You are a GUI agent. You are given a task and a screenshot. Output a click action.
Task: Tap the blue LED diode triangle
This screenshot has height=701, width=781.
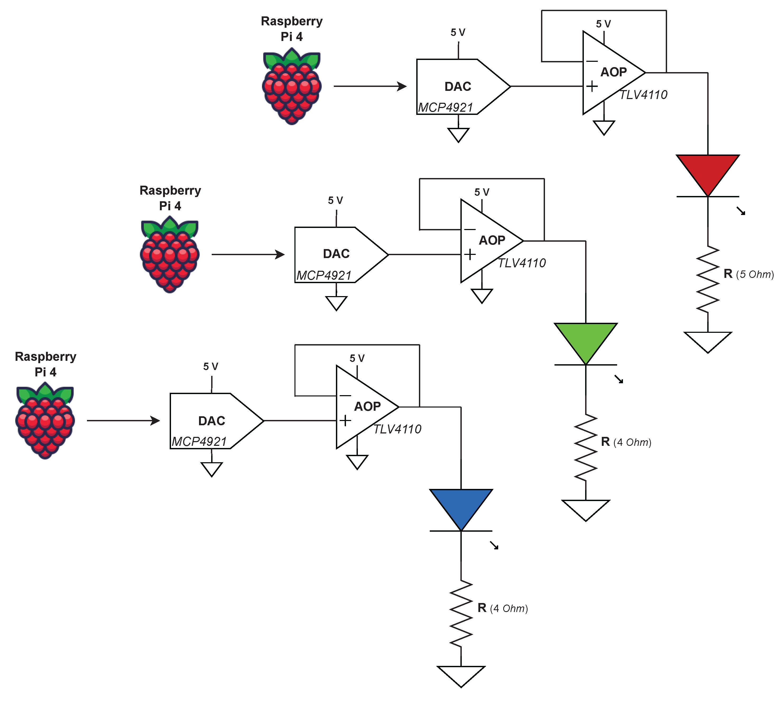(x=461, y=506)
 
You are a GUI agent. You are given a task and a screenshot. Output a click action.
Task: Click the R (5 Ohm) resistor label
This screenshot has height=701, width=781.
(x=748, y=274)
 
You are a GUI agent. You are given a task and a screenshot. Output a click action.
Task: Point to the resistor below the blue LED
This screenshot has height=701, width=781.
(x=461, y=613)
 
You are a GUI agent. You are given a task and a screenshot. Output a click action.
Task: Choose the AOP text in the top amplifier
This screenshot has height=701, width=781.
(x=613, y=72)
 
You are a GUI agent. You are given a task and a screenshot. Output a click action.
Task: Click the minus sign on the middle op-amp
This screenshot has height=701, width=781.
(x=470, y=230)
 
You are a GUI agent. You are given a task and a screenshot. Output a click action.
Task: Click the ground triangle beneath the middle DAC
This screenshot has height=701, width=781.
(x=336, y=302)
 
